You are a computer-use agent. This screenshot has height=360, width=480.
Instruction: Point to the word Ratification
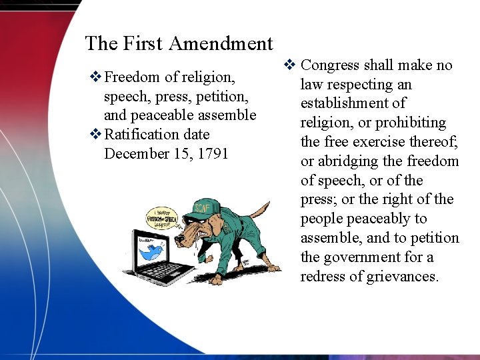click(141, 134)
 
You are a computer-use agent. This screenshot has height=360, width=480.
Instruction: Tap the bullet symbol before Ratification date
click(95, 135)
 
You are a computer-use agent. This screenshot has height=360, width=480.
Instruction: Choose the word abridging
click(347, 161)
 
